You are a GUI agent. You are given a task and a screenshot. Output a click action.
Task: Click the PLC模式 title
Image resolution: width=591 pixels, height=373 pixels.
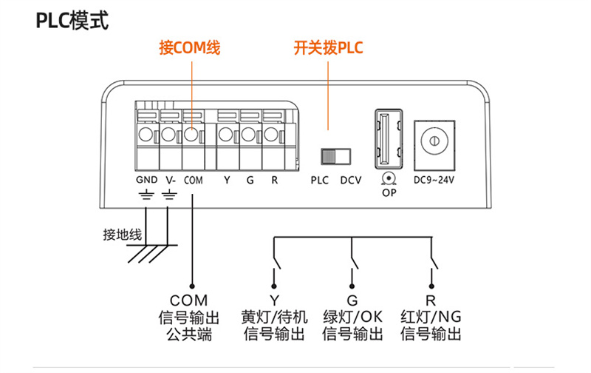[x=72, y=21]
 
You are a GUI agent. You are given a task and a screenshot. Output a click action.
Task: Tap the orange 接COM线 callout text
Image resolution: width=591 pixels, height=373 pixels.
[x=190, y=48]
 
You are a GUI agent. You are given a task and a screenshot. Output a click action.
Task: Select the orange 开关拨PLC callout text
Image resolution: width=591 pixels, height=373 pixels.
[x=328, y=48]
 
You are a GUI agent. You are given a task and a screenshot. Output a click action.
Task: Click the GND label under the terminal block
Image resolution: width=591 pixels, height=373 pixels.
[x=146, y=180]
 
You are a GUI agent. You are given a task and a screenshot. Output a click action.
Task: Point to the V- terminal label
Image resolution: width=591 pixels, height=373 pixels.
[x=171, y=180]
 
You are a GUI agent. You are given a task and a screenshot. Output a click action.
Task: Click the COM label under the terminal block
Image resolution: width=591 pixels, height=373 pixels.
[x=194, y=181]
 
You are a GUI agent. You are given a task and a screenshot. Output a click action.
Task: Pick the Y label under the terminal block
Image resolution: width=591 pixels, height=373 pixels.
[x=227, y=181]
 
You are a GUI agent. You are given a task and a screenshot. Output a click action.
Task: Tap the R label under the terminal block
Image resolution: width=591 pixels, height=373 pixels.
[x=274, y=181]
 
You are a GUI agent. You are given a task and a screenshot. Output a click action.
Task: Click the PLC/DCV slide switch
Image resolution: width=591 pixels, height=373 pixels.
[x=336, y=156]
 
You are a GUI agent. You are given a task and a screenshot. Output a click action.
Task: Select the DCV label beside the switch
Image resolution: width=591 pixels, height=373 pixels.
[x=351, y=181]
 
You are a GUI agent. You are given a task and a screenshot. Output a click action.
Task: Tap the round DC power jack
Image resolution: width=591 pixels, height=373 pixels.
[x=434, y=141]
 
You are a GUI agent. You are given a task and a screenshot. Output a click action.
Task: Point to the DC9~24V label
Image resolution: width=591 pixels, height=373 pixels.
[x=434, y=180]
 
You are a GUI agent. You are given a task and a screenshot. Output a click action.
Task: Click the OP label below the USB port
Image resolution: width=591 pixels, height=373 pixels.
[x=389, y=193]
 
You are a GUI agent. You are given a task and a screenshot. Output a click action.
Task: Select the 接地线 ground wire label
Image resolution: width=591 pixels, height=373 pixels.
[x=123, y=235]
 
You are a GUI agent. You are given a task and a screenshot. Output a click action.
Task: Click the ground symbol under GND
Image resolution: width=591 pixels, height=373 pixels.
[x=146, y=195]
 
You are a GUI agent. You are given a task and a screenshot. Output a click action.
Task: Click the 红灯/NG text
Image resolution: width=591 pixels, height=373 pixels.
[x=431, y=317]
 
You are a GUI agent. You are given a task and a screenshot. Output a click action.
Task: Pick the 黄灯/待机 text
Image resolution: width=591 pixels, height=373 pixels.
[x=274, y=317]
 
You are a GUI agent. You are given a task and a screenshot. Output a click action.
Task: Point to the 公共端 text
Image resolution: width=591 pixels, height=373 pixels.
[x=189, y=335]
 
